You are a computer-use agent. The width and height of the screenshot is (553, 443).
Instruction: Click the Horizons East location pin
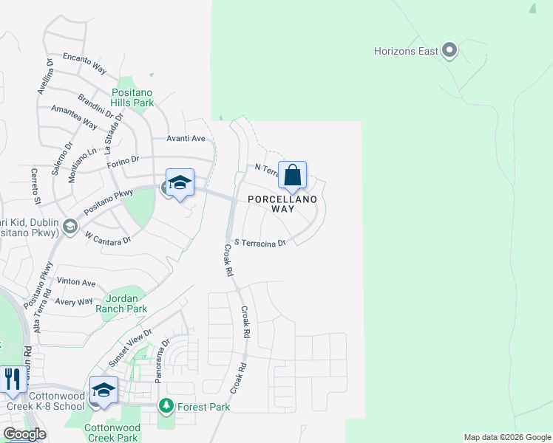pyautogui.click(x=449, y=51)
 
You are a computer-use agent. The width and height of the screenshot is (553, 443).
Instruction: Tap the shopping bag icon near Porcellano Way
pyautogui.click(x=292, y=176)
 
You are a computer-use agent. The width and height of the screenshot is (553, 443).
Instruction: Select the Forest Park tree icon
pyautogui.click(x=166, y=406)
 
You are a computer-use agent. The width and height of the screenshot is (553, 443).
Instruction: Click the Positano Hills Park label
pyautogui.click(x=133, y=97)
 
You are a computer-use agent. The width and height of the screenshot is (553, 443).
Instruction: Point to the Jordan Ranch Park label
pyautogui.click(x=121, y=303)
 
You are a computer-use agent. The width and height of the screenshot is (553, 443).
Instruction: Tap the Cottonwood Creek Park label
pyautogui.click(x=112, y=433)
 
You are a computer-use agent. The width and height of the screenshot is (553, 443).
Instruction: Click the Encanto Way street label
pyautogui.click(x=83, y=61)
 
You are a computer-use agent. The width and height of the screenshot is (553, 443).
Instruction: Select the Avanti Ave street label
pyautogui.click(x=185, y=139)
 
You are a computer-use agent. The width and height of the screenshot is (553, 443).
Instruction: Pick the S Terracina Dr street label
pyautogui.click(x=259, y=243)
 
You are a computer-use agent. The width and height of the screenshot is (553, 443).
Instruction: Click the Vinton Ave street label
pyautogui.click(x=77, y=283)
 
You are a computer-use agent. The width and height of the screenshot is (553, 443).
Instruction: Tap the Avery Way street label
pyautogui.click(x=75, y=301)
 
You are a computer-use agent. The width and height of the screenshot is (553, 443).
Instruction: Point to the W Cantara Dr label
pyautogui.click(x=108, y=238)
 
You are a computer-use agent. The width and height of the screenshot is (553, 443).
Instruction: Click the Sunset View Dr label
pyautogui.click(x=129, y=348)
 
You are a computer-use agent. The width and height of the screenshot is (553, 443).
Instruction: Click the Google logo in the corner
pyautogui.click(x=24, y=434)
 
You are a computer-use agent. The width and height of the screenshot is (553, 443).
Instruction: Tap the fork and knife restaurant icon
pyautogui.click(x=12, y=380)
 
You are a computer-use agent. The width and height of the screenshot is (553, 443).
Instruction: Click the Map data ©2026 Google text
pyautogui.click(x=507, y=437)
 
